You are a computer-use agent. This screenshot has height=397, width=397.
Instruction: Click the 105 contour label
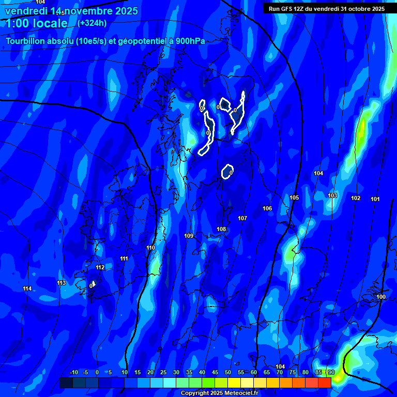pyautogui.click(x=294, y=198)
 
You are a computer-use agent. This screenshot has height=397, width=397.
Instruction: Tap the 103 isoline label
pyautogui.click(x=332, y=196)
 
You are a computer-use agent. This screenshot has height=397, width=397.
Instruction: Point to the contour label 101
pyautogui.click(x=375, y=200)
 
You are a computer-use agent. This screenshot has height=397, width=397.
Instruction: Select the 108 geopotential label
pyautogui.click(x=221, y=229)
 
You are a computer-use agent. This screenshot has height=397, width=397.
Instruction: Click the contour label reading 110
pyautogui.click(x=150, y=248)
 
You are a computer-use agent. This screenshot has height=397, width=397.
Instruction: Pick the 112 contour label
pyautogui.click(x=100, y=268)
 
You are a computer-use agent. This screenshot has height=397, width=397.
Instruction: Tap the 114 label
pyautogui.click(x=27, y=288)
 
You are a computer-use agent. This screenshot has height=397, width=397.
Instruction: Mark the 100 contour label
pyautogui.click(x=381, y=297)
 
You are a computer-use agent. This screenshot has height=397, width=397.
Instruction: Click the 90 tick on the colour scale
pyautogui.click(x=331, y=373)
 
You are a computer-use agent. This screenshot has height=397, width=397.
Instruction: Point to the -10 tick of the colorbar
pyautogui.click(x=73, y=373)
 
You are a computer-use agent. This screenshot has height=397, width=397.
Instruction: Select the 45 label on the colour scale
pyautogui.click(x=215, y=373)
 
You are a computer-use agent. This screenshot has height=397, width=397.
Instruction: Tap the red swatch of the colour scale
pyautogui.click(x=325, y=383)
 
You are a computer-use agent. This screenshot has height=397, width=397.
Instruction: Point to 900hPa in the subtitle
pyautogui.click(x=189, y=41)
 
